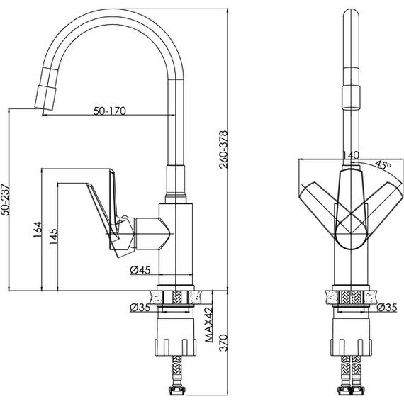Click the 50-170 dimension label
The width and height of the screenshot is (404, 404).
coord(109,111)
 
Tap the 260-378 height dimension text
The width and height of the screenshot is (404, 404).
coord(223,150)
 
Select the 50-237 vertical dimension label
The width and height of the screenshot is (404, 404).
coord(5,199)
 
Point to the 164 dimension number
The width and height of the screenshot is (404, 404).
coord(38,230)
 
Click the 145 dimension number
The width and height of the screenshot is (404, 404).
coord(54,237)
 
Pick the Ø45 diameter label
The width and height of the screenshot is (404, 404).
coord(140,270)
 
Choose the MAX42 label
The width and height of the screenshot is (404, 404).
coord(209,324)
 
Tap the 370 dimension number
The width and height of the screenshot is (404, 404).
coord(223,342)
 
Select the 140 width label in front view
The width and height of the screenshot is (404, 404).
coord(351,155)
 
